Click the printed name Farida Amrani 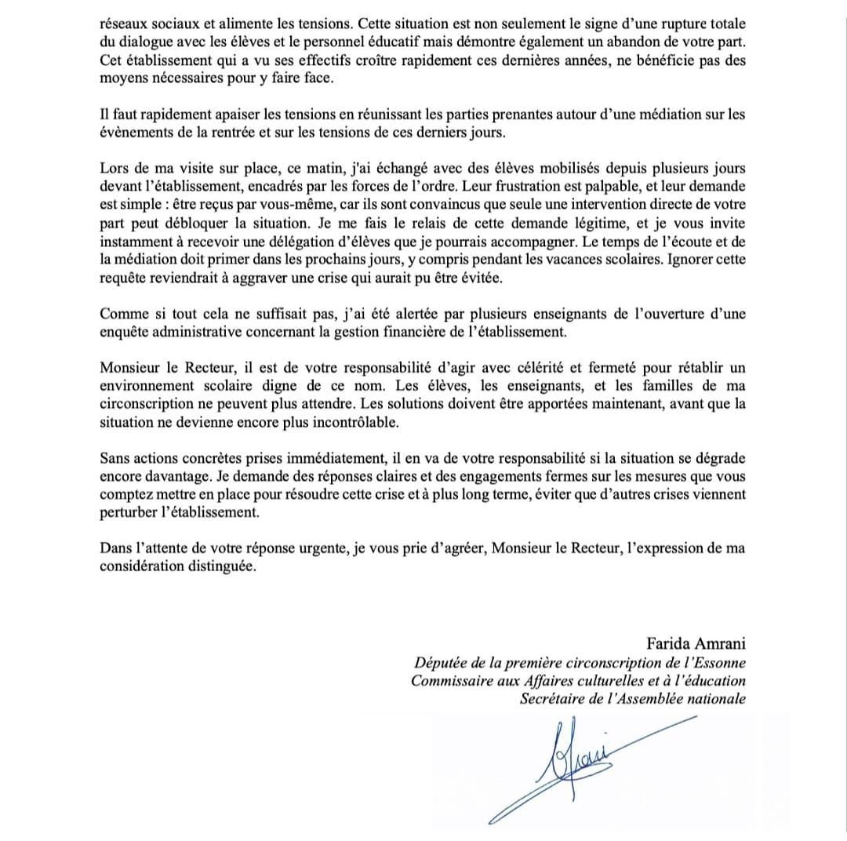pos(696,645)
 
